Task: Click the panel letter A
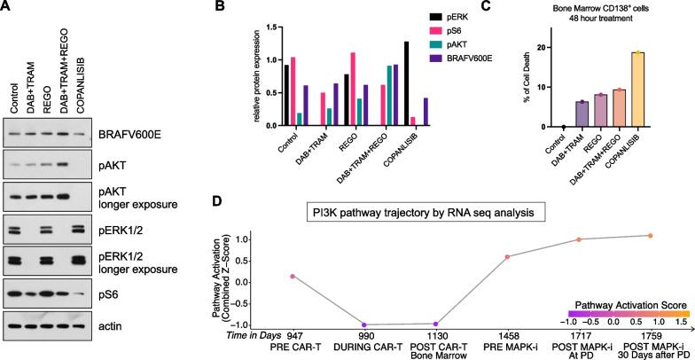tap(6, 7)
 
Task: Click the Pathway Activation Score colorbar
tap(625, 310)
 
